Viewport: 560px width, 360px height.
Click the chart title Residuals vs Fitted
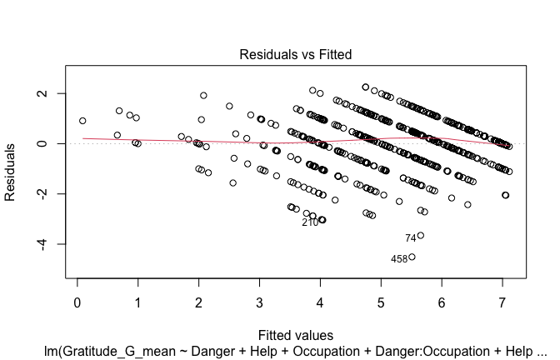click(296, 54)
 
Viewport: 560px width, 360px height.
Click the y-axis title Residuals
click(12, 171)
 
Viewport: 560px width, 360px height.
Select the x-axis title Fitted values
click(297, 335)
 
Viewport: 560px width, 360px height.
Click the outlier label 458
click(398, 259)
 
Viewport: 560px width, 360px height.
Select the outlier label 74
click(410, 238)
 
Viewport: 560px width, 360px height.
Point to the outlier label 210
click(310, 222)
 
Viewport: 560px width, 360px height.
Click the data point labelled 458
click(412, 257)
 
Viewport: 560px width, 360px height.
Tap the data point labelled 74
click(421, 236)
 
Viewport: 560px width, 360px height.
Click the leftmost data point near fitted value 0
click(82, 121)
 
